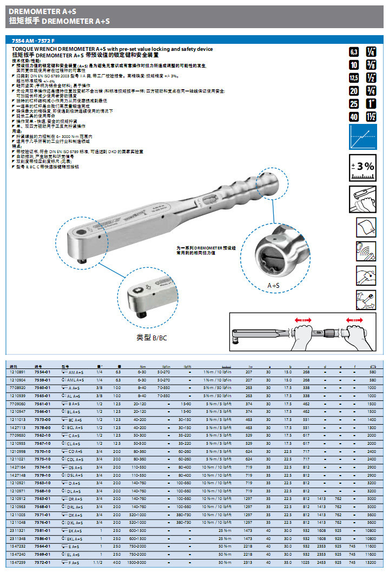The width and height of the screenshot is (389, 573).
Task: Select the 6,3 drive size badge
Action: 354,52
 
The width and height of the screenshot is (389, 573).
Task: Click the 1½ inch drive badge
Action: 371,116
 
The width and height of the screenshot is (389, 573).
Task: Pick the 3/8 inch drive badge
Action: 371,65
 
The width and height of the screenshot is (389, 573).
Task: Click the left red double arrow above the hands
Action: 304,320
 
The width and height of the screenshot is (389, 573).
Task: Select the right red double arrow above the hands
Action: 354,320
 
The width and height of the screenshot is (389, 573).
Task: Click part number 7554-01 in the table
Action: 42,372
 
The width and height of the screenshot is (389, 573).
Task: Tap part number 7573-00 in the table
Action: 42,419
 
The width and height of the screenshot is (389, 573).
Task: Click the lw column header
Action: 249,366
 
